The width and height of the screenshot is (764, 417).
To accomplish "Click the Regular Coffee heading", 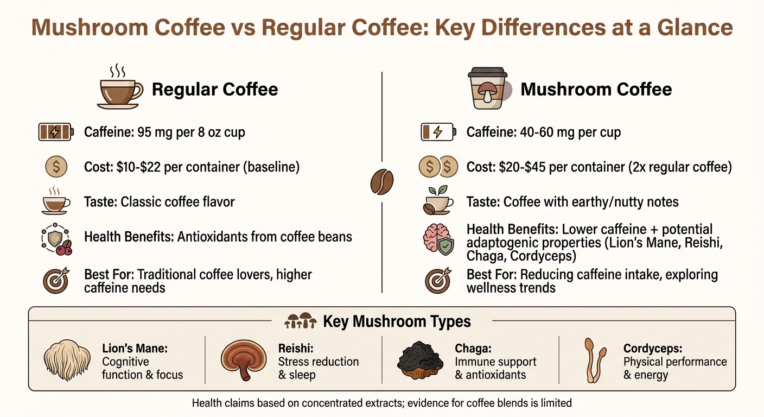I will [x=215, y=90].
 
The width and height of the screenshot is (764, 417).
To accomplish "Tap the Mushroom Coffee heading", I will [x=596, y=90].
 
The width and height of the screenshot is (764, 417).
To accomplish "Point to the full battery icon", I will [x=55, y=132].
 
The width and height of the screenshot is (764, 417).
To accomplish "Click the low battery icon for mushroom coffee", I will [x=438, y=132].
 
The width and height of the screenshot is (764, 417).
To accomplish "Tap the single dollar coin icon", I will [x=56, y=167].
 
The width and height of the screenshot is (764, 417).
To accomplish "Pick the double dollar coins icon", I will [x=438, y=167].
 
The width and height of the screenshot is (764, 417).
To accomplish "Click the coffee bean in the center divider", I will [x=382, y=181].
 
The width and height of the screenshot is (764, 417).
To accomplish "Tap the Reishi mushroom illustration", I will [x=243, y=361].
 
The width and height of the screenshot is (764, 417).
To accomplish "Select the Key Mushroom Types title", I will [x=397, y=321].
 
